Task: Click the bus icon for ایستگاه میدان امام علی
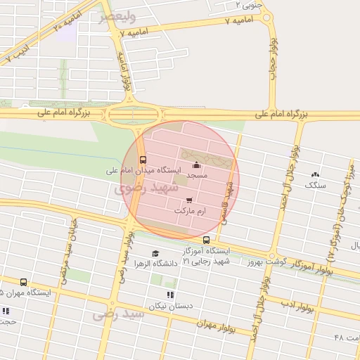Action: click(x=143, y=159)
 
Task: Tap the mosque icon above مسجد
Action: click(x=195, y=165)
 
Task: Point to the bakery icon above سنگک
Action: click(x=314, y=174)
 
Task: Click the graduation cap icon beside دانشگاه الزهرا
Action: click(x=155, y=254)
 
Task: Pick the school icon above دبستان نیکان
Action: click(x=169, y=295)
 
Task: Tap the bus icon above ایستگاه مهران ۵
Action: click(x=24, y=282)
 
